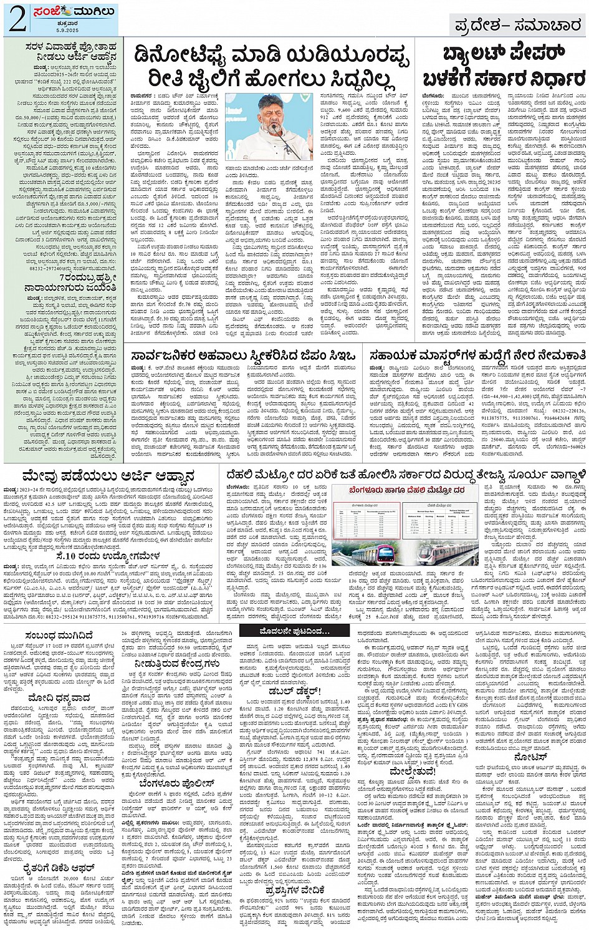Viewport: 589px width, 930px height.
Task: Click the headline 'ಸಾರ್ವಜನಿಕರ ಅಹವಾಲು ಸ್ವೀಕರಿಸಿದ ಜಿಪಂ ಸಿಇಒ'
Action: [x=243, y=356]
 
